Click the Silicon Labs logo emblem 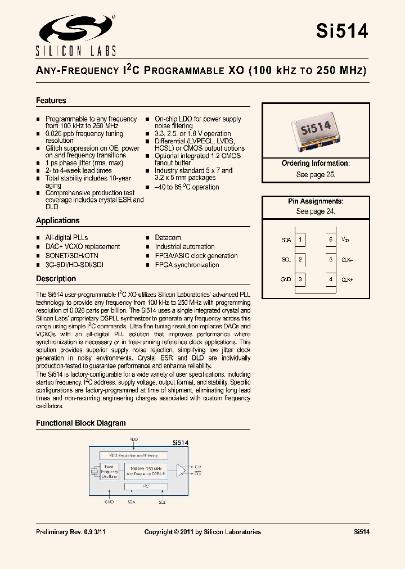(x=75, y=29)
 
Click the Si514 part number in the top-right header (x=342, y=31)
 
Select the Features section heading (x=51, y=101)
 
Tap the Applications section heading (x=58, y=220)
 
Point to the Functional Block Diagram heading (x=81, y=423)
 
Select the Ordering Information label (x=316, y=164)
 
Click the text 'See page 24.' (x=316, y=211)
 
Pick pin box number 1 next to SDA (x=301, y=240)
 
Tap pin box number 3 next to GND (x=301, y=279)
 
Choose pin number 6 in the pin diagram (x=331, y=240)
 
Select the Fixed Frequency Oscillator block (x=110, y=471)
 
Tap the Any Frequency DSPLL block (x=147, y=471)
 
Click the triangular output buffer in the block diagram (x=181, y=470)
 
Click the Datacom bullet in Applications (x=168, y=237)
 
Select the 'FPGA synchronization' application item (x=187, y=265)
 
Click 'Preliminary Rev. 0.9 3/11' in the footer (x=71, y=532)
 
